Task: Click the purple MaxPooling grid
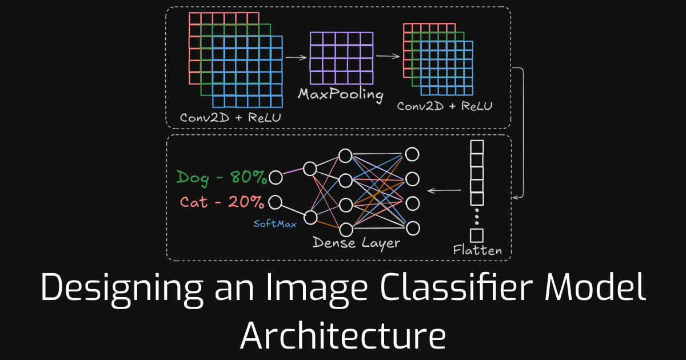pos(341,58)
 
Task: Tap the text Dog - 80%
pos(222,178)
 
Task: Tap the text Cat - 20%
pos(222,202)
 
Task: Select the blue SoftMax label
pos(275,224)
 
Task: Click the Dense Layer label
pos(356,243)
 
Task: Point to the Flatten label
pos(477,250)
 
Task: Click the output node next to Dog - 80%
pos(276,178)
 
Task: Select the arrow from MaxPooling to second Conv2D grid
pos(388,56)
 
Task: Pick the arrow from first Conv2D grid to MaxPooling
pos(296,57)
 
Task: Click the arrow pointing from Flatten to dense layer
pos(445,190)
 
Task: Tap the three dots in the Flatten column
pos(476,217)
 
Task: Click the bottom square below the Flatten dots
pos(476,235)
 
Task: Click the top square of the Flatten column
pos(476,147)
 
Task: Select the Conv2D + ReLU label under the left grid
pos(231,118)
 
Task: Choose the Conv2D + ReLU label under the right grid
pos(444,106)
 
